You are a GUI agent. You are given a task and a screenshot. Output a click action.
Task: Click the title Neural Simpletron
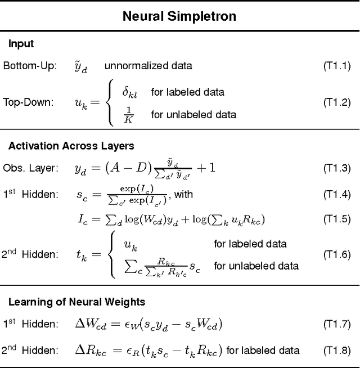pos(179,16)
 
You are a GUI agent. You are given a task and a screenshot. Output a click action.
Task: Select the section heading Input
pos(21,44)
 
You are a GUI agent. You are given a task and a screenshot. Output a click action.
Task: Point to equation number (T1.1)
pos(336,66)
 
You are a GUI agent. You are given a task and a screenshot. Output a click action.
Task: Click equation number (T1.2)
pos(336,102)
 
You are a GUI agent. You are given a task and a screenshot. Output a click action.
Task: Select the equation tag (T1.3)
pos(336,168)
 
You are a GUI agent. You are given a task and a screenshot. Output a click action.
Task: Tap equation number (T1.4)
pos(336,195)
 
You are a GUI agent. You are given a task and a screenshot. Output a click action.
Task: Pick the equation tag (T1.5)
pos(336,218)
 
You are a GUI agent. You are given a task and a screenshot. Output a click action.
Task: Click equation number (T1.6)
pos(336,254)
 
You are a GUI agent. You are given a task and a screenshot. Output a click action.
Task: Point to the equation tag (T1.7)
pos(336,324)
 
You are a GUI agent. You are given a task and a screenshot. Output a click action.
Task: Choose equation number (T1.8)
pos(336,350)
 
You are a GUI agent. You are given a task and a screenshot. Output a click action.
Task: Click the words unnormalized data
pos(148,66)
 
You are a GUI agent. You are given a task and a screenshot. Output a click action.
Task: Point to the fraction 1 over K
pos(129,114)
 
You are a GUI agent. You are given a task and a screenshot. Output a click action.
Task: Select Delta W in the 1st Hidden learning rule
pos(90,324)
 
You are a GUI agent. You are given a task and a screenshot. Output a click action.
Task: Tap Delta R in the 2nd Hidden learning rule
pos(89,350)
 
